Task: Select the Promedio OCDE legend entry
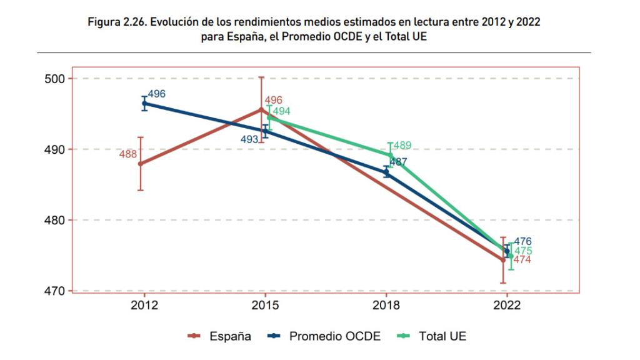(334, 337)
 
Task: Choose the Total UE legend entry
(442, 337)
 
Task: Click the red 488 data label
(127, 154)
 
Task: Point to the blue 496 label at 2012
(157, 94)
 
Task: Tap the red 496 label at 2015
(273, 101)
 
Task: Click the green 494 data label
(281, 112)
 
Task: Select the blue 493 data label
(249, 139)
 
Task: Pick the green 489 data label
(402, 146)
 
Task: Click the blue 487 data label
(398, 162)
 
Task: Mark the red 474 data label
(522, 259)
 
